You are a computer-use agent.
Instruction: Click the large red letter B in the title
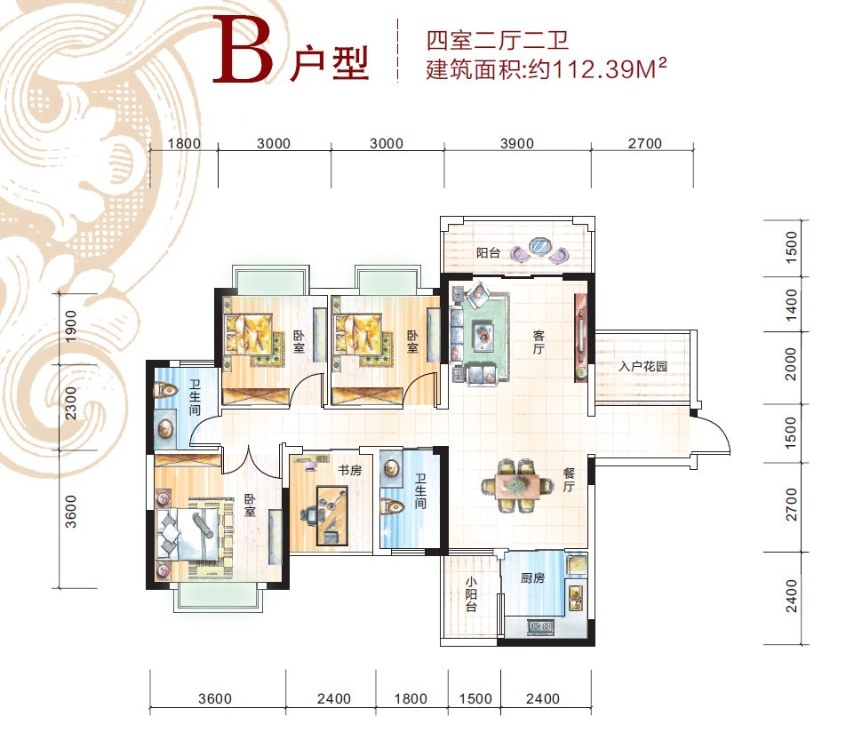[x=243, y=50]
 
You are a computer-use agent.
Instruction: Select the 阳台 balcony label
[x=488, y=252]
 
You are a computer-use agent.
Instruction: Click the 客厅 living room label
[x=539, y=342]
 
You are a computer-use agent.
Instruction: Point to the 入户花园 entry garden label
[x=642, y=366]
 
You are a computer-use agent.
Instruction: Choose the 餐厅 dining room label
[x=569, y=480]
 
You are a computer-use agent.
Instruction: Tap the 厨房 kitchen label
[x=532, y=577]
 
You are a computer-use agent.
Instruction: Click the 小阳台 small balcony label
[x=471, y=594]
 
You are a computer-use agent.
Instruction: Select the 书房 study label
[x=349, y=470]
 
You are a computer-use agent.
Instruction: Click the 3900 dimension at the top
[x=517, y=144]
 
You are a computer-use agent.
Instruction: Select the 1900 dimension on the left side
[x=71, y=327]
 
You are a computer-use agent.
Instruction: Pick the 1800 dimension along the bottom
[x=411, y=698]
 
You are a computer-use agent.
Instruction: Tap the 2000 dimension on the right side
[x=791, y=364]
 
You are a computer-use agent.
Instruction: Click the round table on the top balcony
[x=539, y=246]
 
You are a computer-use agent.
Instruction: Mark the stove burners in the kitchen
[x=539, y=626]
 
